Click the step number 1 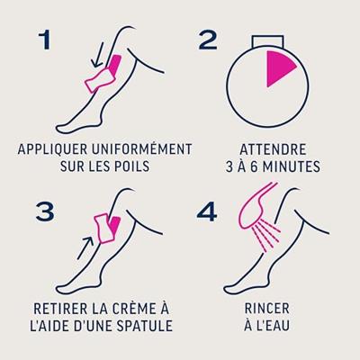pos(45,40)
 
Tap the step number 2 pos(208,40)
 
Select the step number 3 pos(45,211)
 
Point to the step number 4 pos(207,211)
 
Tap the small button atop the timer pos(267,41)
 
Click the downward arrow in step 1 pos(98,55)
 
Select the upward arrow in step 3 pos(85,247)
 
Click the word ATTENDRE pos(273,149)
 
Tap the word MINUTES pos(292,166)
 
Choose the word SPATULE pos(145,325)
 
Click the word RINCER pos(267,309)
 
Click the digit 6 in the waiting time pos(254,166)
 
